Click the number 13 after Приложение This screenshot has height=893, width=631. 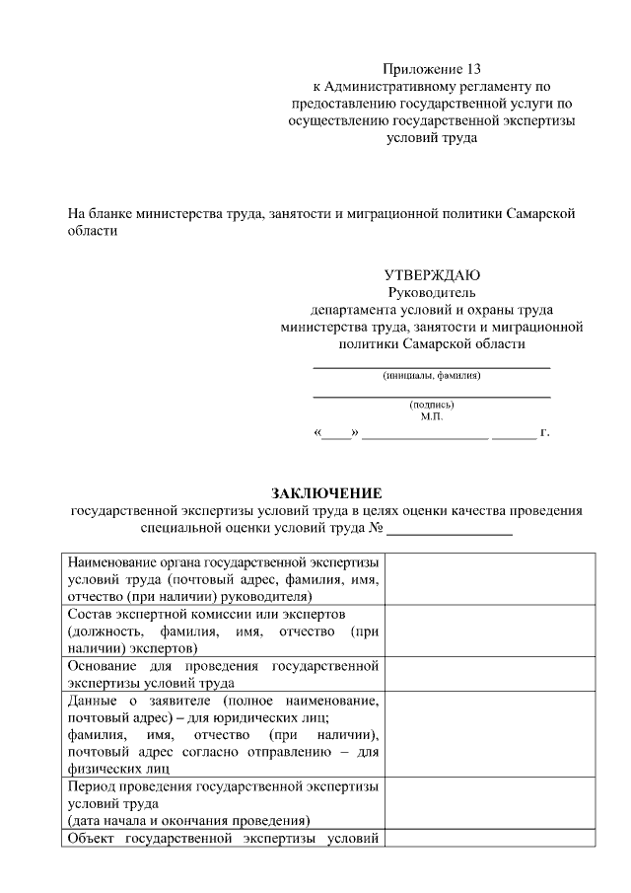(x=474, y=69)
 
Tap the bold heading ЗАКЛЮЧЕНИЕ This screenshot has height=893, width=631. (x=326, y=493)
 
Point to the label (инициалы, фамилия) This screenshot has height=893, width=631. (x=432, y=375)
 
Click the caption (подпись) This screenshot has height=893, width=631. (x=432, y=405)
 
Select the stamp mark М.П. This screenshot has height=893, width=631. (x=432, y=416)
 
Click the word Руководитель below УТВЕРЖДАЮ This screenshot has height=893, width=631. (x=432, y=292)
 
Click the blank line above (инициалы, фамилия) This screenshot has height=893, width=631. (x=432, y=367)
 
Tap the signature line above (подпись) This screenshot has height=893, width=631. (x=432, y=397)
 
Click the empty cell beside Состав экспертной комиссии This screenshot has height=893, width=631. (x=489, y=631)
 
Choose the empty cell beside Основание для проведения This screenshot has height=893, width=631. (x=489, y=673)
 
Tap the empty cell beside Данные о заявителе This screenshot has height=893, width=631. (x=489, y=733)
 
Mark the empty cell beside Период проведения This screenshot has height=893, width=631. (x=489, y=803)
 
